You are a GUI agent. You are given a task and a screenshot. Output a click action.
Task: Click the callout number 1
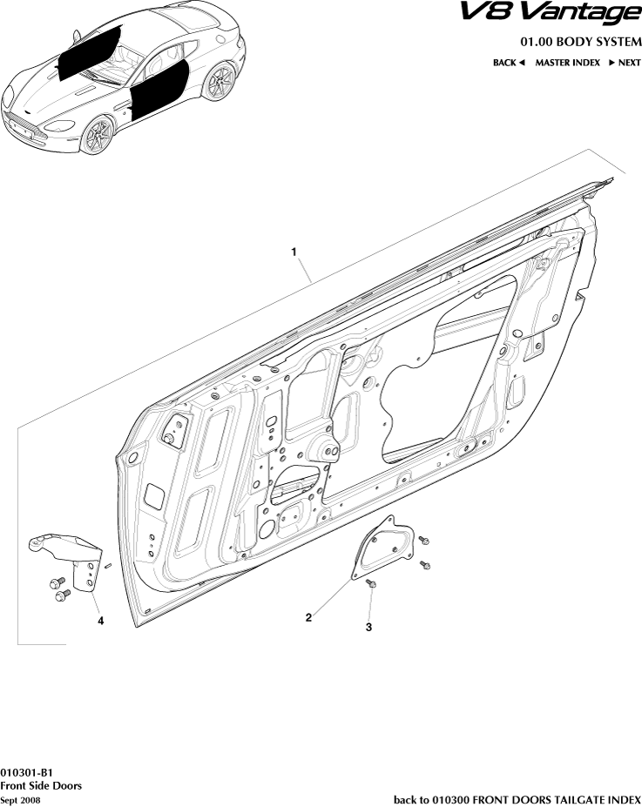[x=294, y=252]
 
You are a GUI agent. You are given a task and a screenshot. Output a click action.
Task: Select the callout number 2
[x=308, y=617]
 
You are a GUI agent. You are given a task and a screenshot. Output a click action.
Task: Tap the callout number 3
[x=368, y=626]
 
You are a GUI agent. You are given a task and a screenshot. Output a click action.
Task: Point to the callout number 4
[x=101, y=621]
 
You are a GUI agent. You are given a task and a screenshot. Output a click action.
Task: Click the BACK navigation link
[x=509, y=63]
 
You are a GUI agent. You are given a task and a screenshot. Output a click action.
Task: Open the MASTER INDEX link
[x=567, y=63]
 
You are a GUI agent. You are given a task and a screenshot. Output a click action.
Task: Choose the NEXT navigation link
[x=624, y=63]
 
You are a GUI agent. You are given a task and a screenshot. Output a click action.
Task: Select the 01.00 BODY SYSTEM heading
[x=580, y=42]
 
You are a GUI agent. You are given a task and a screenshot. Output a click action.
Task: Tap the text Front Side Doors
[x=41, y=785]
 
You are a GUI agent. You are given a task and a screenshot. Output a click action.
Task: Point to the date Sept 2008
[x=20, y=799]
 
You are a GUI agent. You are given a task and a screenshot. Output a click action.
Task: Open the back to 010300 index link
[x=517, y=799]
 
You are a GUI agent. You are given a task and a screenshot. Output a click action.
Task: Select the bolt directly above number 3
[x=370, y=586]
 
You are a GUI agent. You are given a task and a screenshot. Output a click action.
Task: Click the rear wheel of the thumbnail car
[x=221, y=82]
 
